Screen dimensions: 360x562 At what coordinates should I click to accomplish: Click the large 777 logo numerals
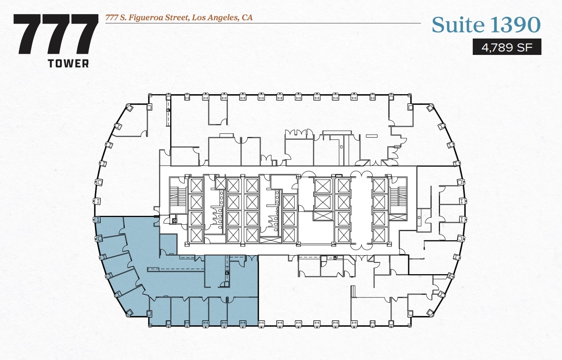click(56, 34)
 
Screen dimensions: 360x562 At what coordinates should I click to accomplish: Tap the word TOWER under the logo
click(68, 64)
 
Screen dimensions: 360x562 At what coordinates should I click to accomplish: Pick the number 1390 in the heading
click(515, 25)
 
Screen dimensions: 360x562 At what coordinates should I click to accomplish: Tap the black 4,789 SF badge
click(507, 47)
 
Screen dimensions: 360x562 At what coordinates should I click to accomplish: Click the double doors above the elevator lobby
click(358, 175)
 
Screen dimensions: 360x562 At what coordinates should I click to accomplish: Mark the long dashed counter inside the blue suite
click(176, 270)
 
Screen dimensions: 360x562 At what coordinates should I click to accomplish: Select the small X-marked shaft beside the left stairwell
click(174, 220)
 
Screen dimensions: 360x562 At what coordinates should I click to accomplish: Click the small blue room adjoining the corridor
click(168, 244)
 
